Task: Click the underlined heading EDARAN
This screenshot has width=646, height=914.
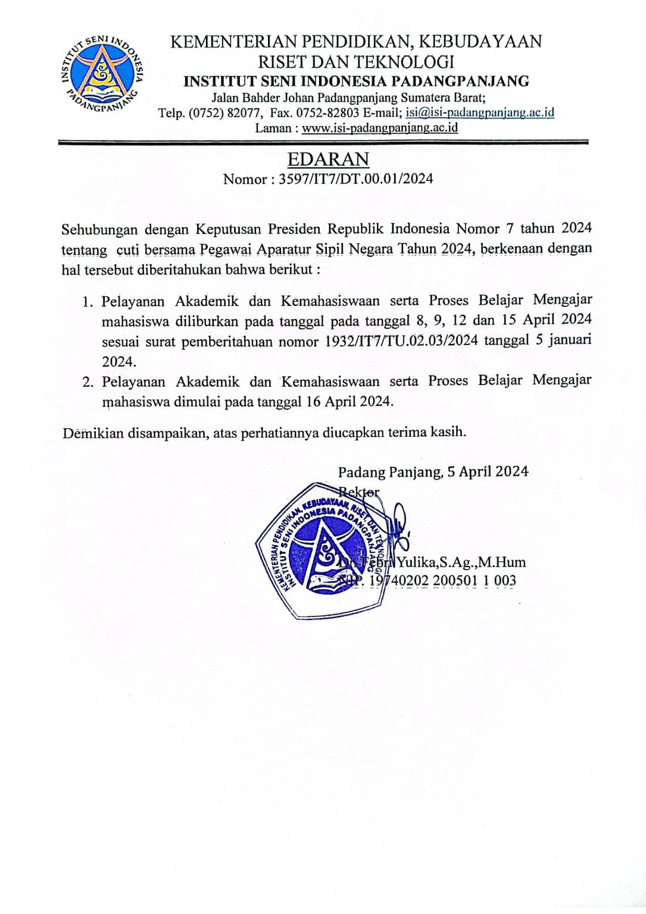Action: click(328, 159)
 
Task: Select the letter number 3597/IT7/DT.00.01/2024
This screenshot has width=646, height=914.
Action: click(355, 179)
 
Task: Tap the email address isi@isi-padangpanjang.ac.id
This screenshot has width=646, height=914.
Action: click(480, 112)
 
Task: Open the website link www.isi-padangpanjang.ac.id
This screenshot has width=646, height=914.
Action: click(380, 128)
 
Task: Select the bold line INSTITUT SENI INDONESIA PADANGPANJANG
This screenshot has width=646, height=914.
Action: click(356, 82)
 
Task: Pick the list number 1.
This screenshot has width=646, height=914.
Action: click(88, 302)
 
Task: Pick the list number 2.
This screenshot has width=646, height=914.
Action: click(88, 381)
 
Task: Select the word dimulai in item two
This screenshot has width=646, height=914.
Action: click(198, 402)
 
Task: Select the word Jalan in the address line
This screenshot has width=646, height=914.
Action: click(225, 98)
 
